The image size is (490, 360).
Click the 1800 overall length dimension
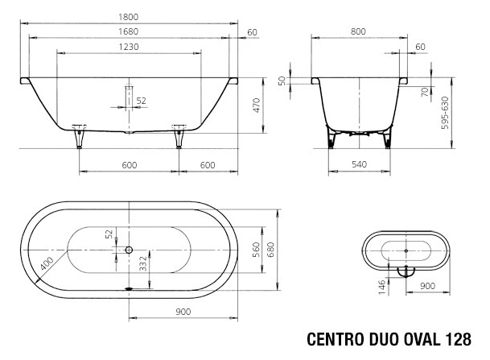click(129, 17)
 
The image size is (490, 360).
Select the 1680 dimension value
click(129, 31)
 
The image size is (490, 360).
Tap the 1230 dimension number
click(129, 47)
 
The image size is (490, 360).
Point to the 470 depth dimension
click(256, 106)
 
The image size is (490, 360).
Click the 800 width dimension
click(358, 31)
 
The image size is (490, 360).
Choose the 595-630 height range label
click(445, 113)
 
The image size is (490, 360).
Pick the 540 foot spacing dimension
click(359, 164)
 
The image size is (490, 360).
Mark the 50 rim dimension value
click(282, 81)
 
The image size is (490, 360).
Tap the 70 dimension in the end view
click(425, 92)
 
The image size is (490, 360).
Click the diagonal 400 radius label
click(47, 263)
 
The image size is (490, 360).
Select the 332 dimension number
click(142, 263)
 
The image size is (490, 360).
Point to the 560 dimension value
click(256, 250)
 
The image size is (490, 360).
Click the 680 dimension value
click(271, 250)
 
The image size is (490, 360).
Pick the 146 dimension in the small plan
click(382, 288)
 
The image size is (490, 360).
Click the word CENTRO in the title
click(336, 339)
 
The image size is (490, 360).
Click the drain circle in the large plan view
click(129, 250)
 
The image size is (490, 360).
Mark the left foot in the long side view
click(79, 136)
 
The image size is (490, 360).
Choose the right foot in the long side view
click(179, 136)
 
